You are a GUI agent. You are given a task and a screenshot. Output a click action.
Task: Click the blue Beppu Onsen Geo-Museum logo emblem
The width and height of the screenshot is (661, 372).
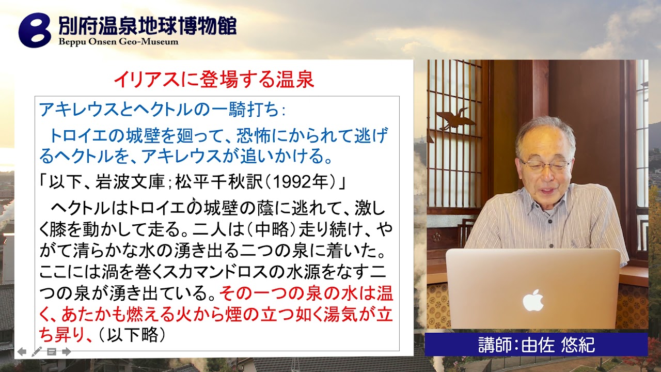click(x=35, y=30)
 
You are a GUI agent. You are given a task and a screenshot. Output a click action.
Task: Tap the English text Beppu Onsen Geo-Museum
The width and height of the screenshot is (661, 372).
click(x=118, y=42)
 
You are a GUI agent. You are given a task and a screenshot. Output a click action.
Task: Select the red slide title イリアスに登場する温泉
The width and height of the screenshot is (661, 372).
click(x=214, y=80)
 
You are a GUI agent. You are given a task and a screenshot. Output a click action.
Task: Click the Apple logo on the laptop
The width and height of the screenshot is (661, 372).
click(x=533, y=300)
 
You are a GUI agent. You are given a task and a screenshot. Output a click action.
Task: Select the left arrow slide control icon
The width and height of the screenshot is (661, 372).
click(x=22, y=352)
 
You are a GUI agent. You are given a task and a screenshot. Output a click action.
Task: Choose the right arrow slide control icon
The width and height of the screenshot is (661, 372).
click(x=66, y=352)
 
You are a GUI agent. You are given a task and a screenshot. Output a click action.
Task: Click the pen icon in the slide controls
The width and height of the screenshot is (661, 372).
click(x=37, y=352)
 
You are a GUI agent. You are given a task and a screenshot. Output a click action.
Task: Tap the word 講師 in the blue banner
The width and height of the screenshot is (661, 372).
click(x=493, y=345)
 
